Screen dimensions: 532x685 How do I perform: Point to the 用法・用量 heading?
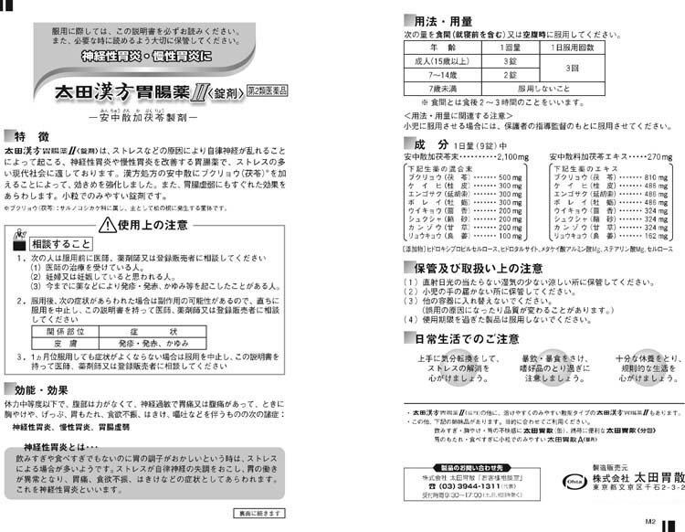[x=447, y=19]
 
